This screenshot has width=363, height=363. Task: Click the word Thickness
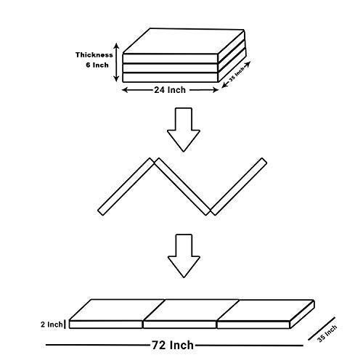coord(94,55)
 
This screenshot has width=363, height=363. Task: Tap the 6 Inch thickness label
coord(97,65)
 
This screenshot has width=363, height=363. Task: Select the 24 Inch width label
coord(170,90)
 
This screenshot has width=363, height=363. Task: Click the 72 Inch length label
coord(173,345)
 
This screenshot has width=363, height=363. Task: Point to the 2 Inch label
coord(52,325)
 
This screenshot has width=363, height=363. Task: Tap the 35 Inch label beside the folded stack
coord(237,74)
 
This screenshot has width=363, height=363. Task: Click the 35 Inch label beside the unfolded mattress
coord(327,333)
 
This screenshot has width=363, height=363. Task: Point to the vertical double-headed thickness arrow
coord(116,62)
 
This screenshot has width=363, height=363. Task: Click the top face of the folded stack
coord(183,41)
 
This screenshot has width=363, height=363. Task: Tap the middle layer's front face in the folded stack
coord(171,68)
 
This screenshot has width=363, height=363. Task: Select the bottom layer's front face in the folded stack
coord(171,78)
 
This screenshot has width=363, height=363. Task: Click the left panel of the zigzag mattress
coord(126,187)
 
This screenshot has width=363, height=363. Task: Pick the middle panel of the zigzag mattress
coord(182,187)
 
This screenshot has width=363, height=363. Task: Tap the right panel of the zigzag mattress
coord(239,187)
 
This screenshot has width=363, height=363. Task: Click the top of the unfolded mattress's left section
coord(117,310)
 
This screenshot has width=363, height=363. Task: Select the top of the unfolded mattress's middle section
coord(191,310)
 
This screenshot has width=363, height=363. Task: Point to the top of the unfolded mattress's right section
coord(265,311)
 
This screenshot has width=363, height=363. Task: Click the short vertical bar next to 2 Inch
coord(65,325)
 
